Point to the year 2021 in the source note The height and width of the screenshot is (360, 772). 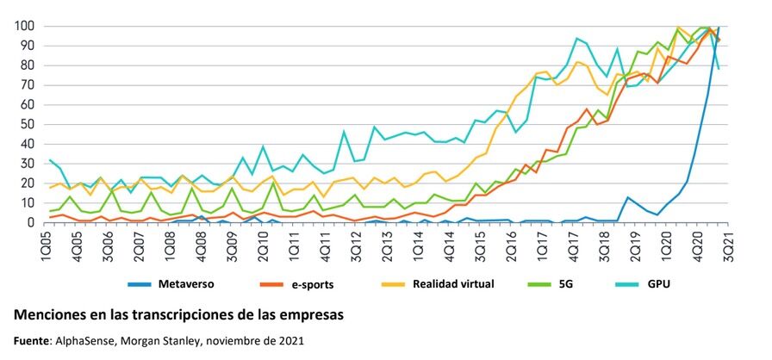click(x=289, y=340)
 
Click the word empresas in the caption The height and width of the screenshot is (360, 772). click(x=313, y=314)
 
